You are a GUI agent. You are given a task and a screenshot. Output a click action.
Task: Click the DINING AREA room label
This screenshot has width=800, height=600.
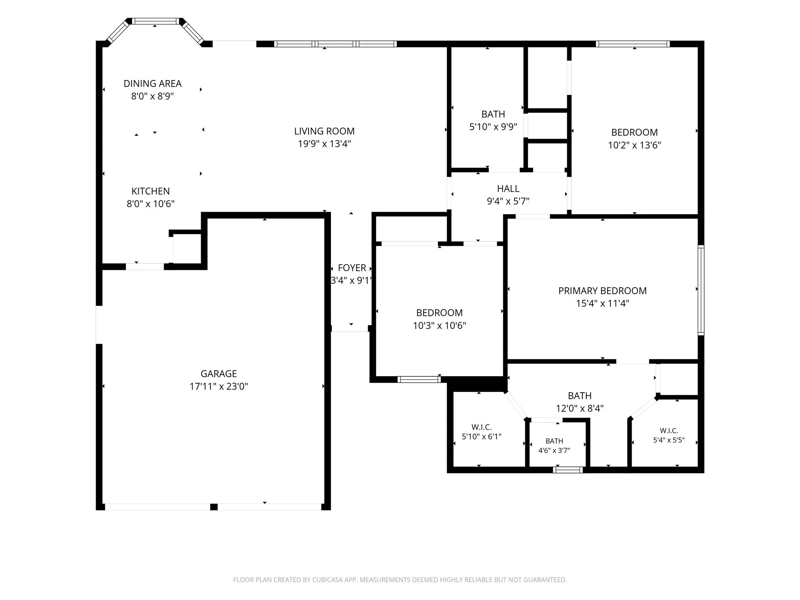click(152, 84)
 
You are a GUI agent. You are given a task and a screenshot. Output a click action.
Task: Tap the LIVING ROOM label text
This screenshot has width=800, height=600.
click(324, 131)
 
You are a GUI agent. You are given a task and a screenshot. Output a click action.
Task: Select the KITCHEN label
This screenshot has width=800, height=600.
click(150, 191)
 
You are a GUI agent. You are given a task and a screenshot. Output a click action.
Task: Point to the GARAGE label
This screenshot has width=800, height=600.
click(219, 374)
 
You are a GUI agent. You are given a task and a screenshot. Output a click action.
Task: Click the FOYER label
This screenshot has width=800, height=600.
click(352, 268)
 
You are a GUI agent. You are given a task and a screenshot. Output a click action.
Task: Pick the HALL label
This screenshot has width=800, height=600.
click(508, 189)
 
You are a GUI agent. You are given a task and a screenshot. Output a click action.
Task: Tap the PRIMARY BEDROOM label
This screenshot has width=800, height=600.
click(602, 291)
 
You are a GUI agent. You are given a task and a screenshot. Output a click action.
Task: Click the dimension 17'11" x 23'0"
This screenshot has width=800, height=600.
click(219, 386)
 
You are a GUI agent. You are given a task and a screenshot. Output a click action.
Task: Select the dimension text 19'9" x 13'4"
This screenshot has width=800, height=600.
click(324, 144)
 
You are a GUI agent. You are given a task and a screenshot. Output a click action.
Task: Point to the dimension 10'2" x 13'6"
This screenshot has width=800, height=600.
click(634, 145)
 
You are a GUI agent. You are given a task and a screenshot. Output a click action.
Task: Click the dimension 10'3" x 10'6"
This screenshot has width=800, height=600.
click(439, 325)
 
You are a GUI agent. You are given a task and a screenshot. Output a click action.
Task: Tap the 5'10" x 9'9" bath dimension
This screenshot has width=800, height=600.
click(493, 127)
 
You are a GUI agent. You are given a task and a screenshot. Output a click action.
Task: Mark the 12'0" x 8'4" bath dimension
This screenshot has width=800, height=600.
click(580, 409)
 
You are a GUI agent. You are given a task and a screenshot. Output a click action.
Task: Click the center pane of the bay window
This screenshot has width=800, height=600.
click(155, 21)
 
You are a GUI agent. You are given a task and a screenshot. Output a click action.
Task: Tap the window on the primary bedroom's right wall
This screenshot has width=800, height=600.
click(701, 290)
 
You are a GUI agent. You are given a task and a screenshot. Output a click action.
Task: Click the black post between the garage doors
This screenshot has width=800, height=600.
click(214, 507)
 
